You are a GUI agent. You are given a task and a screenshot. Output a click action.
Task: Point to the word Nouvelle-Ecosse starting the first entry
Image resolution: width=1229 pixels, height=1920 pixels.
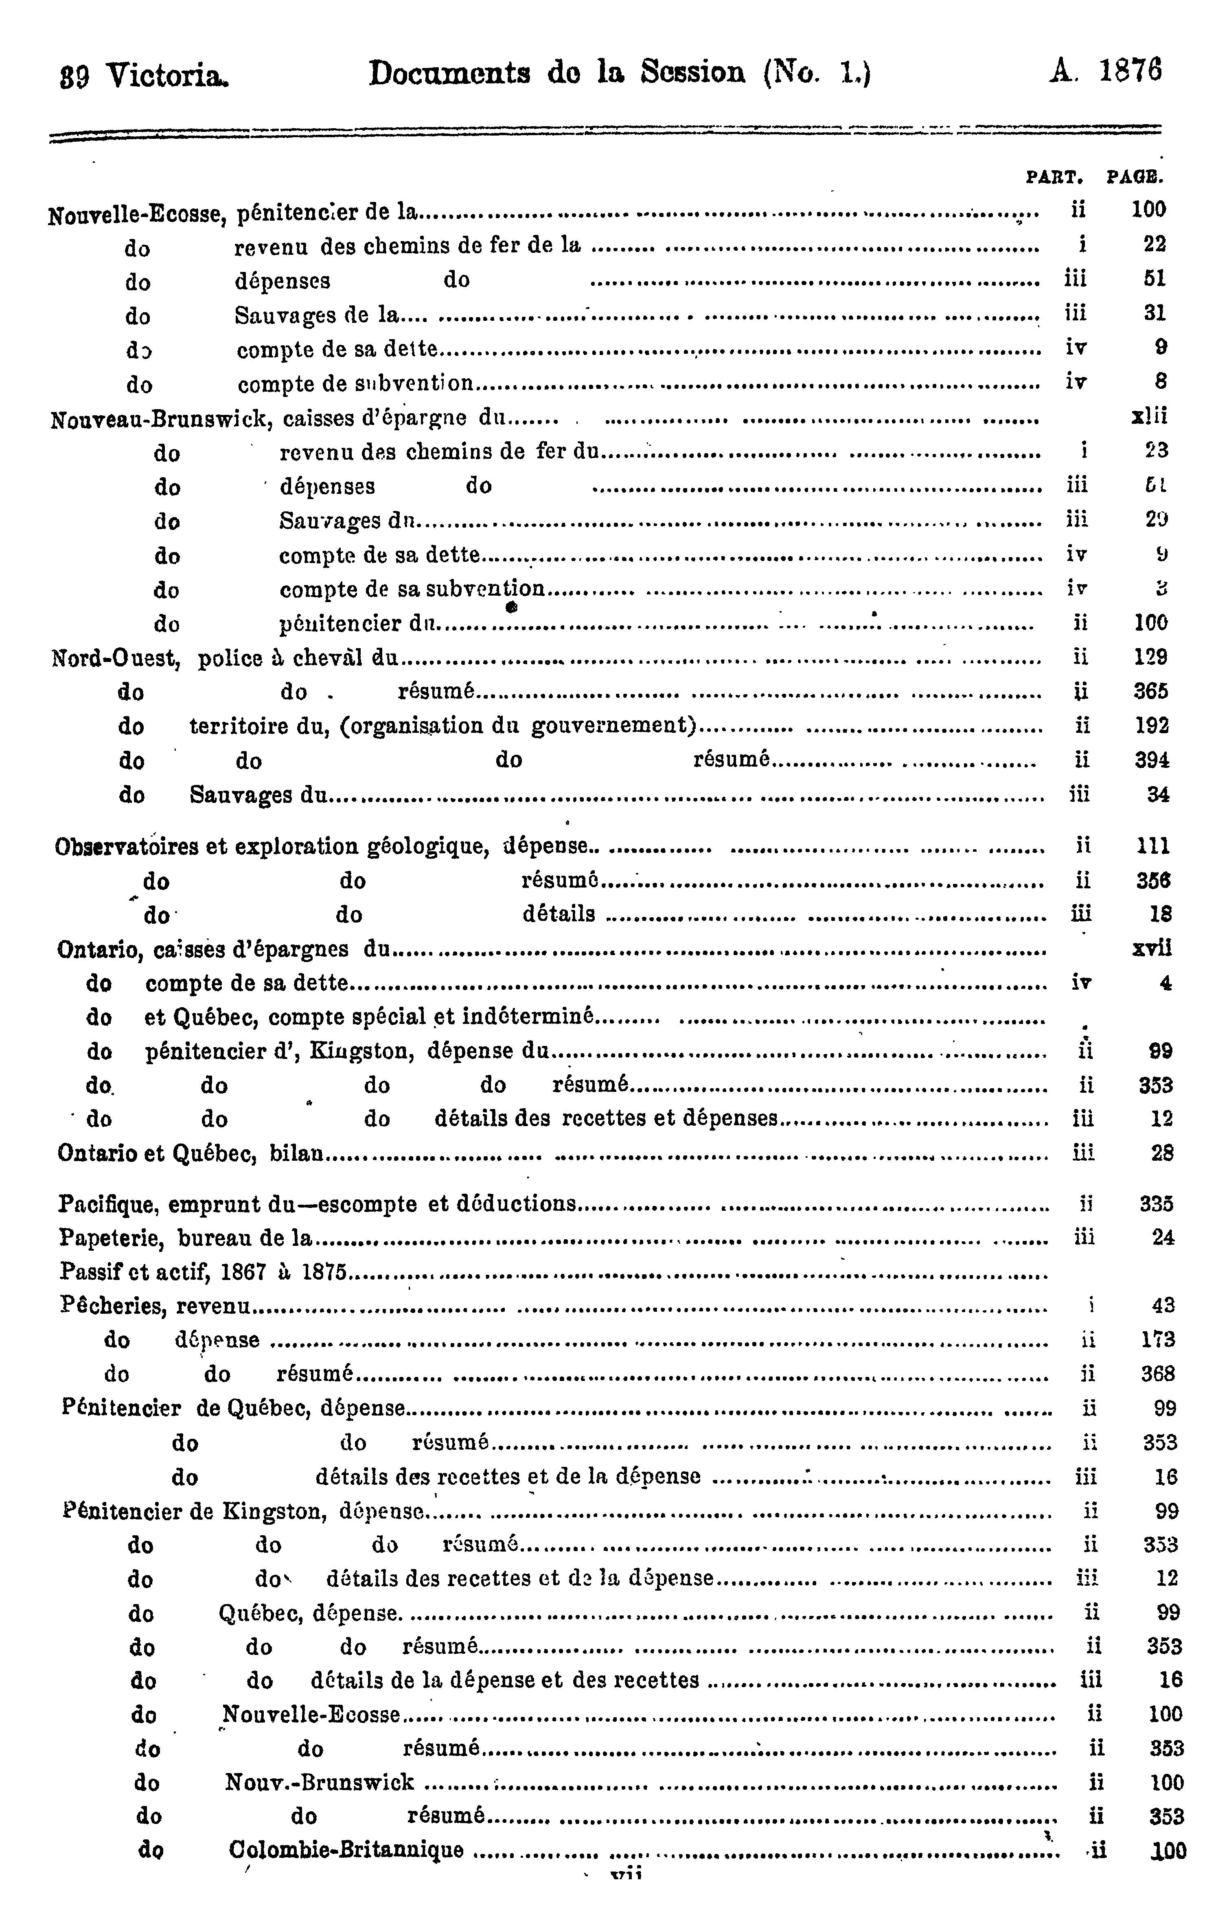(139, 214)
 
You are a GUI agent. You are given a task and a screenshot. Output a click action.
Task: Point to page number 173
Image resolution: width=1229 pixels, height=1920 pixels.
(1158, 1340)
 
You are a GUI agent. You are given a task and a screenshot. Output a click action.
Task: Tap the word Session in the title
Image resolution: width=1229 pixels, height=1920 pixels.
(693, 73)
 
